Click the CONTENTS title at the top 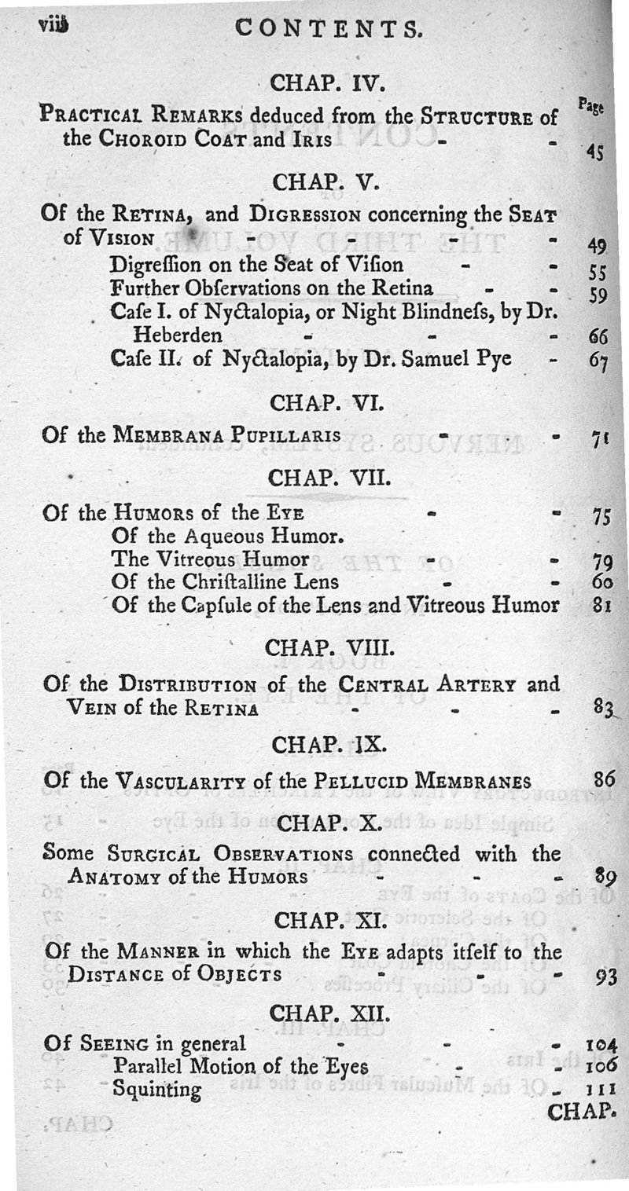(x=329, y=29)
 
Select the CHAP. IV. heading (x=314, y=82)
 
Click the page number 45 (x=595, y=152)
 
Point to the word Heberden (x=177, y=335)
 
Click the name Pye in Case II (x=493, y=359)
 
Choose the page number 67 (x=598, y=362)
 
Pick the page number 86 (x=604, y=780)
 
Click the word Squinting (x=156, y=1089)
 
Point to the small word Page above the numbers (x=591, y=105)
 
